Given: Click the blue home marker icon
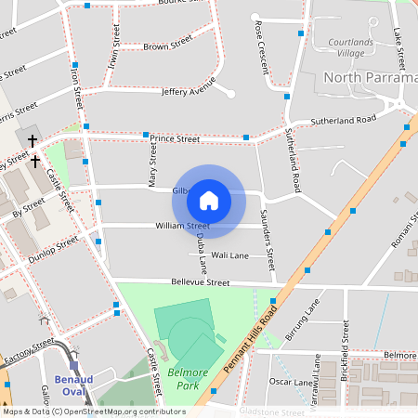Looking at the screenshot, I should click(209, 200).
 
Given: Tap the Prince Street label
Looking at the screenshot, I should click(176, 138).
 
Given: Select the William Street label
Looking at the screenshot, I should click(183, 226).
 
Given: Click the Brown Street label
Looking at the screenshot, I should click(168, 44).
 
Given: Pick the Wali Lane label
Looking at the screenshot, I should click(230, 255).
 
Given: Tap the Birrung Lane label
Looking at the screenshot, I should click(303, 321).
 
